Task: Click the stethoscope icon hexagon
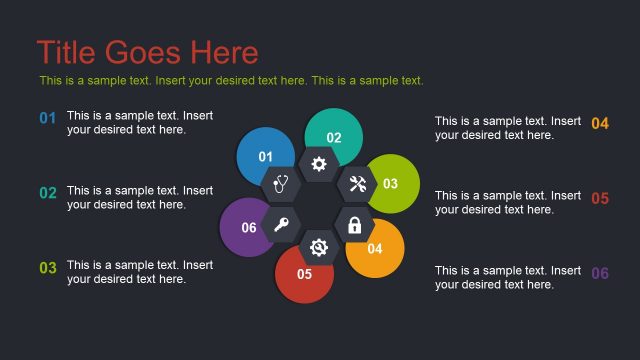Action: [x=280, y=184]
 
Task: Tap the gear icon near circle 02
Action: [x=319, y=164]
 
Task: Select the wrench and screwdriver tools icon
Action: [x=357, y=184]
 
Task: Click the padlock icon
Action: [x=354, y=226]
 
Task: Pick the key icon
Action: [x=281, y=226]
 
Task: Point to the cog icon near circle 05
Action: [x=319, y=246]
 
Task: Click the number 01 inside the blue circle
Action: [x=265, y=156]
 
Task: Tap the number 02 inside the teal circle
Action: [x=334, y=138]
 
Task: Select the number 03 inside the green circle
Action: [x=390, y=184]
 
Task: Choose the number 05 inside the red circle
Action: [x=304, y=273]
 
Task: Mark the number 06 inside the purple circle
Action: [x=249, y=228]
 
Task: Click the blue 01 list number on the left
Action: [x=47, y=119]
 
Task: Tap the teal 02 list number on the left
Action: [x=47, y=193]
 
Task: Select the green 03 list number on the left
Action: [x=47, y=268]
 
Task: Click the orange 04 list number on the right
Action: [x=600, y=124]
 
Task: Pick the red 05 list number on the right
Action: [x=600, y=199]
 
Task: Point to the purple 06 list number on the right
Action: [x=600, y=274]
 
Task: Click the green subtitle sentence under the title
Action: [x=231, y=81]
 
